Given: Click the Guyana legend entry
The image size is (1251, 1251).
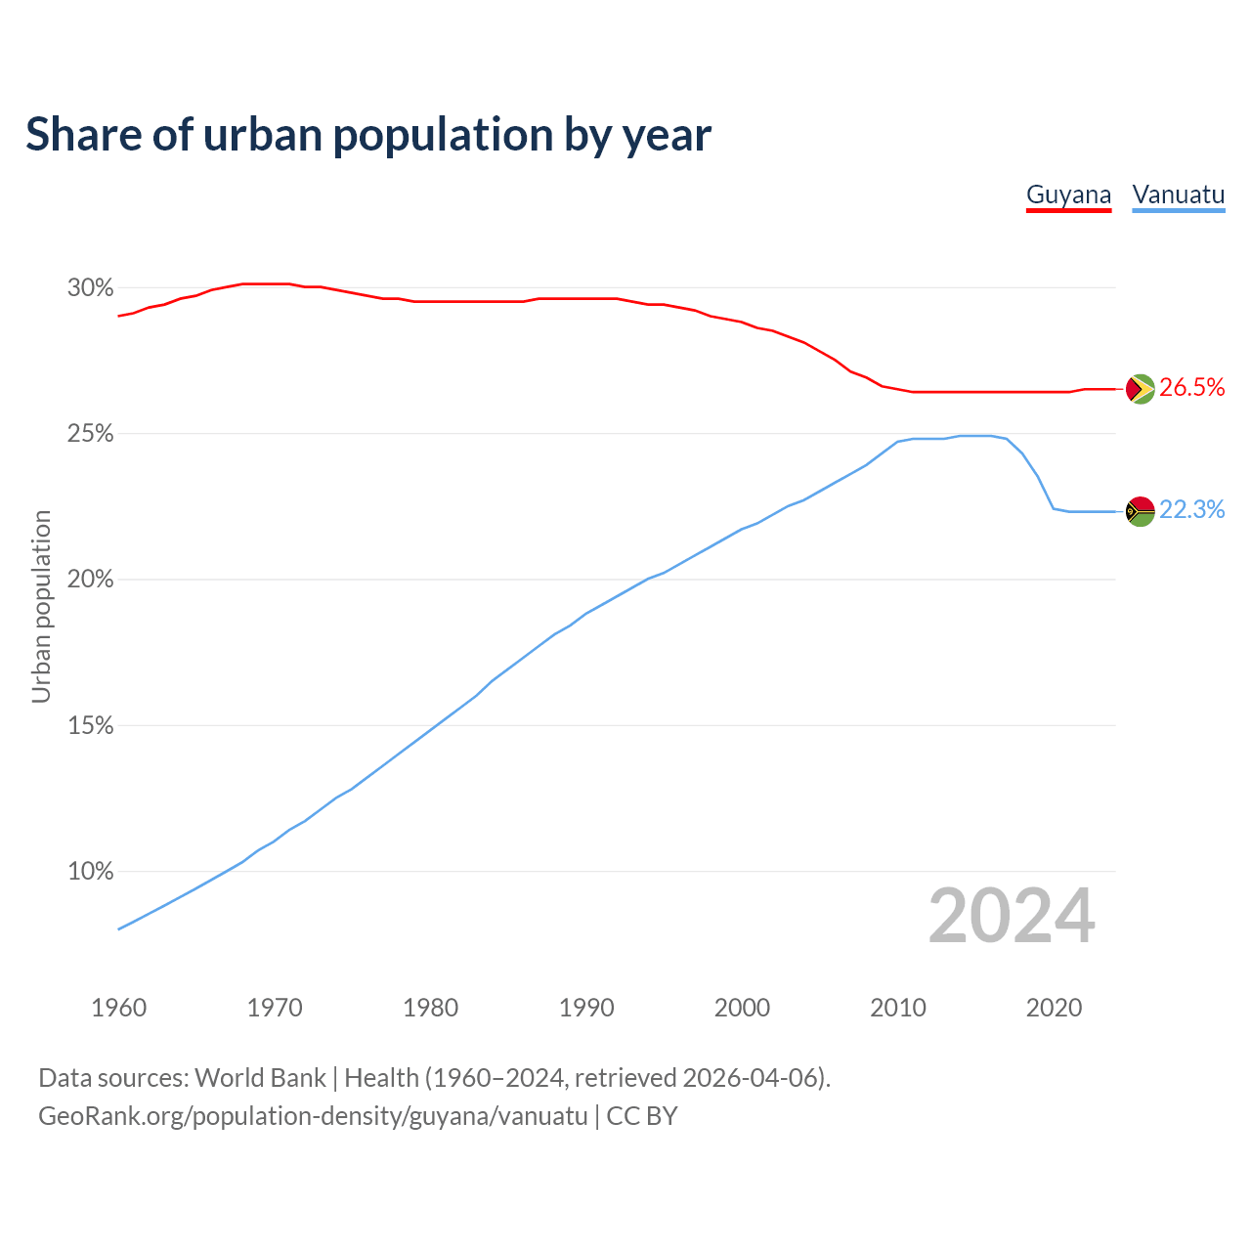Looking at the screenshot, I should (1068, 194).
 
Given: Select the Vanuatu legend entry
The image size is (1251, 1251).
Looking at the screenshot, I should (1178, 194).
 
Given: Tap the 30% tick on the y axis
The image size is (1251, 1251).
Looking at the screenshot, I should (90, 288).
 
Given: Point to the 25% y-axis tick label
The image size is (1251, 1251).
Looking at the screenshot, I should (90, 434).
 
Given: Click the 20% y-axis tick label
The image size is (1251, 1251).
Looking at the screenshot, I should (90, 580).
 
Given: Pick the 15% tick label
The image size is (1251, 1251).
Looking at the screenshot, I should (90, 726).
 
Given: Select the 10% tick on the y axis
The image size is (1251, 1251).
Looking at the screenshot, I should (90, 872).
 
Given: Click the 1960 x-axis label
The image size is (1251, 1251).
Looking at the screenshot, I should (118, 1008).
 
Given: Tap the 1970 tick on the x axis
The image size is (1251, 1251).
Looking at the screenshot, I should (275, 1008).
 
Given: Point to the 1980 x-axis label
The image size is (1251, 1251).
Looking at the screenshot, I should (430, 1008).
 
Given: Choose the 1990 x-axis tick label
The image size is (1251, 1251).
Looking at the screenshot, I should (586, 1008).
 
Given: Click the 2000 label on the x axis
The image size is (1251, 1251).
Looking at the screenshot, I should (742, 1008).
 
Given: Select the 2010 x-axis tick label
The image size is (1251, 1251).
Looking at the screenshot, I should (898, 1008).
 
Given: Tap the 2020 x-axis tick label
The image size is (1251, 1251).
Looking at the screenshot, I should (1054, 1008).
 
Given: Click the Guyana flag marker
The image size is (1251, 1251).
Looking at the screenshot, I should (1140, 389).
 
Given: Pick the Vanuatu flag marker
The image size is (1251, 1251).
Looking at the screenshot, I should (1140, 511).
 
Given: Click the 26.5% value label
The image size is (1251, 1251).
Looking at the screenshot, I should (1191, 388).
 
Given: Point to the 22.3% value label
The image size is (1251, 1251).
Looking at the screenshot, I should (1191, 510).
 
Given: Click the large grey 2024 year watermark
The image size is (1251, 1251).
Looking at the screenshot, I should (1012, 916).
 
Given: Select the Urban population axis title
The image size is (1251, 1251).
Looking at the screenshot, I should (41, 606).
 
